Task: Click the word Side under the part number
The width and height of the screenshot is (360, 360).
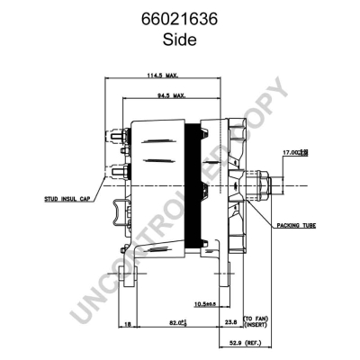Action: [x=179, y=38]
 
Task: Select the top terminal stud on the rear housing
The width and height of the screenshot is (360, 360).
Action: [x=120, y=138]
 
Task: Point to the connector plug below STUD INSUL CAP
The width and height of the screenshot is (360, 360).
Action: [x=120, y=212]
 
